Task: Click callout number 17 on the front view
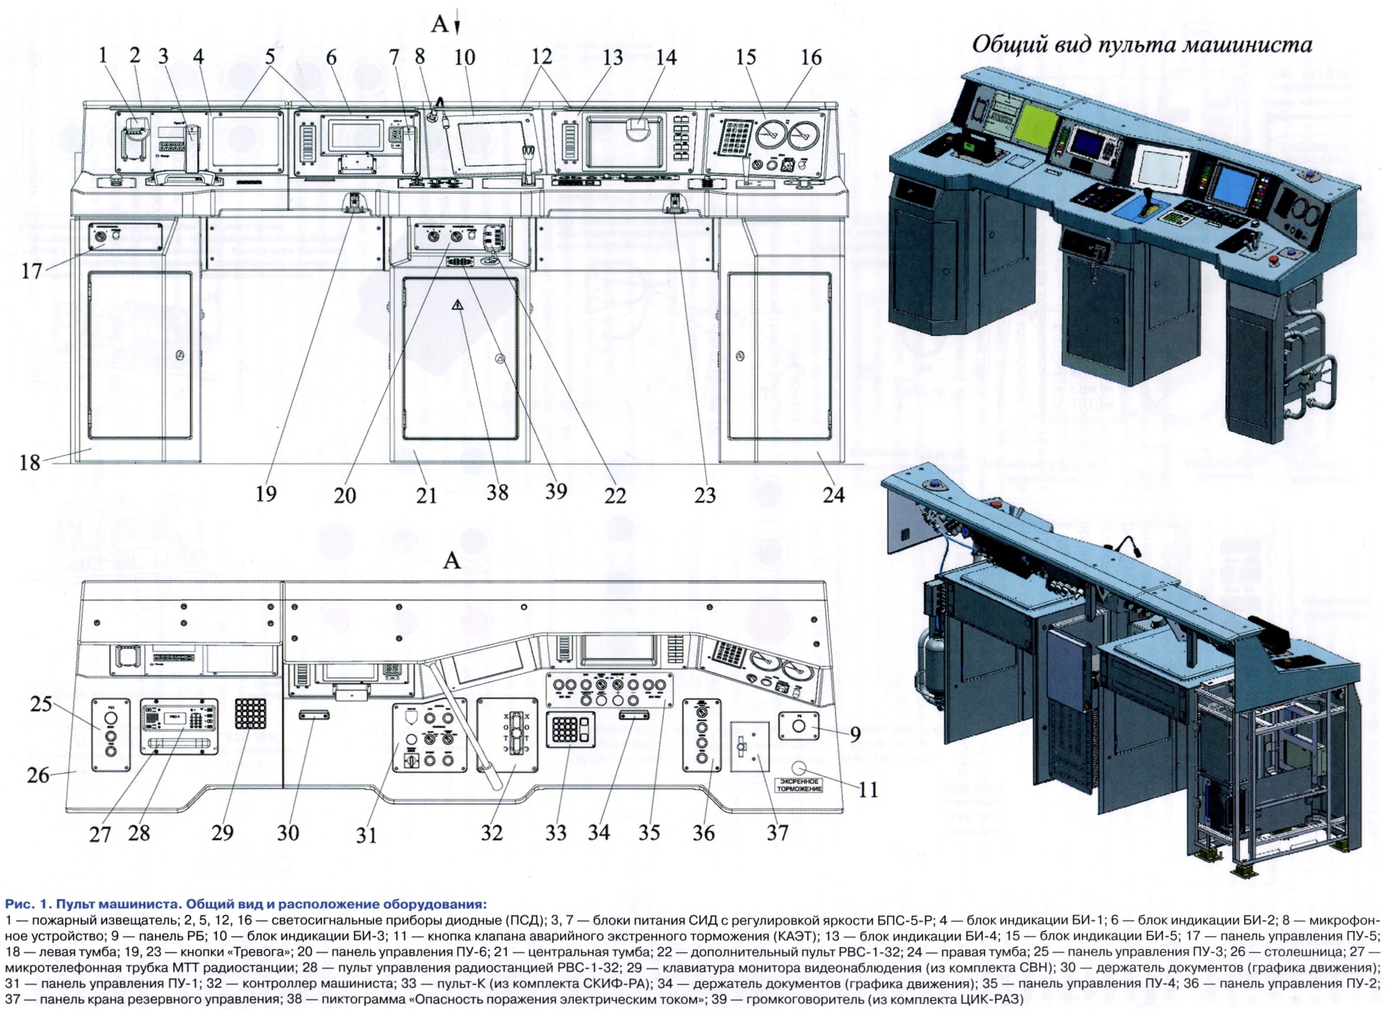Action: coord(31,271)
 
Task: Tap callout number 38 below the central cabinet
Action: coord(498,491)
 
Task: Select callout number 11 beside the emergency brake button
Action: coord(868,790)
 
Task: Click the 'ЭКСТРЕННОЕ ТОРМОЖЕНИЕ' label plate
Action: coord(799,785)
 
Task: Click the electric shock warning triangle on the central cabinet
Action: coord(458,306)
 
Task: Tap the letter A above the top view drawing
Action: coord(451,560)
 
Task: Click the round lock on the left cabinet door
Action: coord(179,355)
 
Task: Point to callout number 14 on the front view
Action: coord(666,57)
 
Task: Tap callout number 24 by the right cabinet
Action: coord(834,493)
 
